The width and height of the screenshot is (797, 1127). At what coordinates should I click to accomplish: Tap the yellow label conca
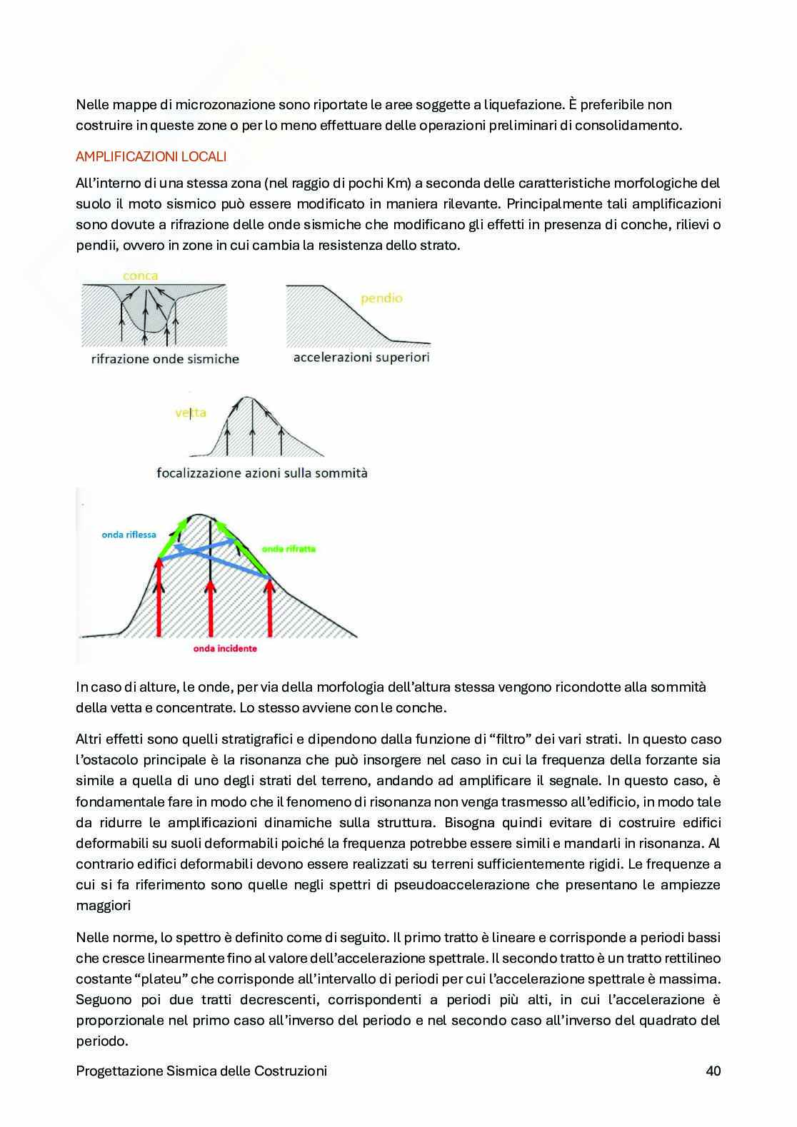tap(140, 276)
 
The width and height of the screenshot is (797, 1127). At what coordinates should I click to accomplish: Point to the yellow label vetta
tap(191, 412)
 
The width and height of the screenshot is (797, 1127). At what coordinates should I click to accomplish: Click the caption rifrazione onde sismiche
tap(165, 358)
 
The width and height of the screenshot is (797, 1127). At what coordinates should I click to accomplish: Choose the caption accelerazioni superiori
tap(361, 357)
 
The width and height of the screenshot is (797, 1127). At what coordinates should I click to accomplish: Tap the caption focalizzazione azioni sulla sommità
tap(261, 472)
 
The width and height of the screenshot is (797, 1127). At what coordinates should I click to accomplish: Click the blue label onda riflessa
tap(129, 535)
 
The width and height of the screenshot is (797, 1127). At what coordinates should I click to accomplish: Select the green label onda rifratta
tap(289, 549)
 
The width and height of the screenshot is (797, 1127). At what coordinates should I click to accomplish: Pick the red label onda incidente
tap(225, 648)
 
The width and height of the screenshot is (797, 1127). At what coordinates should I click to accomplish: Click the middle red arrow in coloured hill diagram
tap(211, 607)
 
